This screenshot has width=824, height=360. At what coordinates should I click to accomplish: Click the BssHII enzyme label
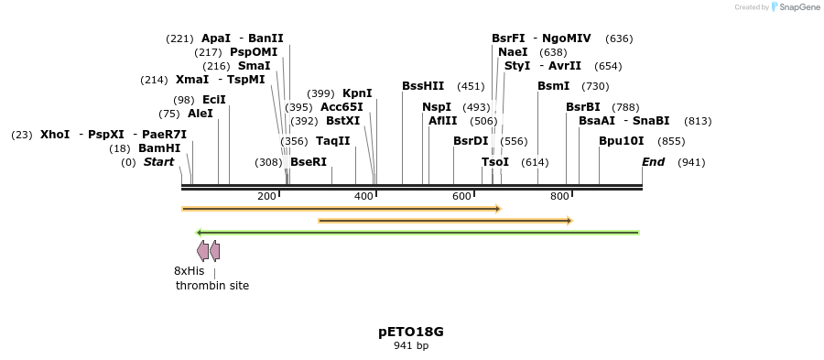tap(423, 86)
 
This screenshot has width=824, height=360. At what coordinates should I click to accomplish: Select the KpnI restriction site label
tap(357, 93)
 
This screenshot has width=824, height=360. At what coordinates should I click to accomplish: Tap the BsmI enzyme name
tap(553, 86)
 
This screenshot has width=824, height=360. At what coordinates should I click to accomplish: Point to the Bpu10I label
tap(622, 141)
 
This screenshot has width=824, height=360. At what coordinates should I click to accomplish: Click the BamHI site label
tap(159, 148)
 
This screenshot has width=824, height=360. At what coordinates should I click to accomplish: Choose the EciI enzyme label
tap(213, 100)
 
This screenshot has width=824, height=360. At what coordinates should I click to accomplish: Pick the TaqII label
tap(332, 141)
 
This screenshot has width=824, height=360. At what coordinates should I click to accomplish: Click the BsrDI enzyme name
tap(471, 141)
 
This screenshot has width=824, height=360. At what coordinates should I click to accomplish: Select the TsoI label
tap(495, 162)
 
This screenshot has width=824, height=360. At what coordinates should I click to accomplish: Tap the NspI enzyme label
tap(437, 107)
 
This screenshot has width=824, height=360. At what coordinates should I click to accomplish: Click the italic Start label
tap(158, 162)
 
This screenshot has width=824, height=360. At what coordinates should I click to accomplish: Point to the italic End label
tap(654, 162)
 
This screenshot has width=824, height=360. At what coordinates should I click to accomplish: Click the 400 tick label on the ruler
tap(363, 197)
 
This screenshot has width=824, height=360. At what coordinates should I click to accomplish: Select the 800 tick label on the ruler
tap(559, 197)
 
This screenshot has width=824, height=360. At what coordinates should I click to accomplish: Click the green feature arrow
tap(417, 233)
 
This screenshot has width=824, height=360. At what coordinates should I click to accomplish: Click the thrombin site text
tap(212, 286)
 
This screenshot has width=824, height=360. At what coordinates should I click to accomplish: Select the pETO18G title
tap(411, 332)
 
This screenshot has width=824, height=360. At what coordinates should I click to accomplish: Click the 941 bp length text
tap(411, 346)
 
